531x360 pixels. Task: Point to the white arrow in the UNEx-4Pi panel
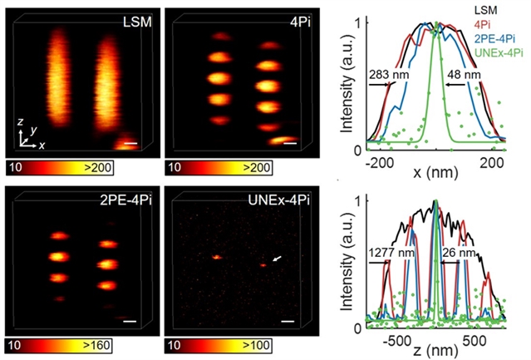click(276, 261)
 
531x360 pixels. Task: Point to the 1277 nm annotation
click(387, 251)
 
